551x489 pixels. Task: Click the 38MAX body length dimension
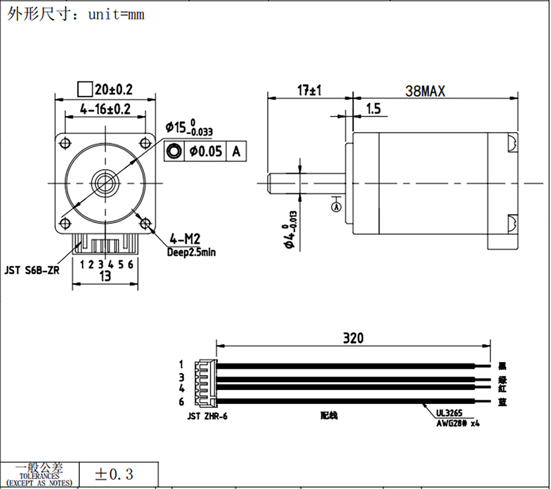(x=425, y=91)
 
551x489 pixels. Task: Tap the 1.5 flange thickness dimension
(x=373, y=109)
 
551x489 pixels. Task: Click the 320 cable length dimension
(x=353, y=338)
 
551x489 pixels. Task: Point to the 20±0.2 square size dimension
(x=113, y=90)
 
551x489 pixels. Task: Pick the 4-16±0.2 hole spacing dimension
(x=105, y=109)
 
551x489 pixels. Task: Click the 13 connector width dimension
(x=105, y=276)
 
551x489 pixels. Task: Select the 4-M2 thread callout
(x=185, y=239)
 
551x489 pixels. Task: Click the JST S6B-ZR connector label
(x=32, y=271)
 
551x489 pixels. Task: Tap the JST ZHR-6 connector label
(x=207, y=417)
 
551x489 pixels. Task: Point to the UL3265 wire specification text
(x=449, y=413)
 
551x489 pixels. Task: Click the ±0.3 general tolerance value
(x=114, y=474)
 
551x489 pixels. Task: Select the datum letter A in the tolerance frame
(x=236, y=151)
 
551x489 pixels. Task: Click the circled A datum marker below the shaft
(x=337, y=207)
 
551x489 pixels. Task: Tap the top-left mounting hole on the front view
(x=66, y=143)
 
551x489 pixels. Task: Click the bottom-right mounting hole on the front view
(x=145, y=223)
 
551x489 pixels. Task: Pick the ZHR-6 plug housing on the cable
(x=206, y=383)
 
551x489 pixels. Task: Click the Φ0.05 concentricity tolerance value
(x=205, y=151)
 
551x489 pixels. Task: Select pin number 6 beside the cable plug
(x=181, y=402)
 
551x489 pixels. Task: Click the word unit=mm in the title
(x=116, y=15)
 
